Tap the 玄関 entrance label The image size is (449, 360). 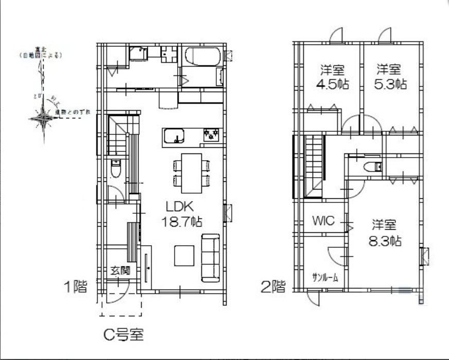[119, 270]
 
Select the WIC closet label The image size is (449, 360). [323, 221]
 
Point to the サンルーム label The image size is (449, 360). [325, 278]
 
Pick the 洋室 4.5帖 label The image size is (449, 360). [333, 77]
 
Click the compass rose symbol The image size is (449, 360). [43, 118]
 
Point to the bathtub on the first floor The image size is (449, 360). [202, 57]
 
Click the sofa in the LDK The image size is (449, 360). [210, 258]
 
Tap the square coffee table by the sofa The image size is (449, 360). [184, 255]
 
